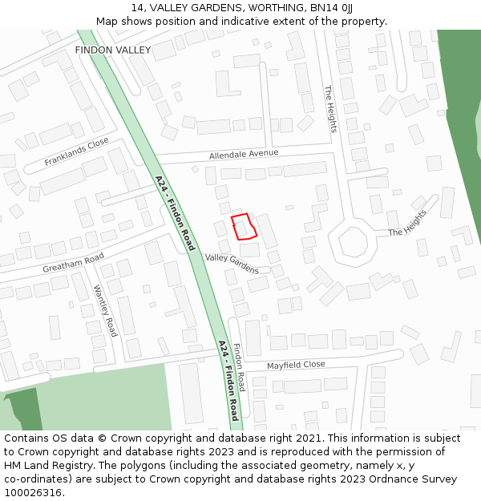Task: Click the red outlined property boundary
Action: (x=244, y=227)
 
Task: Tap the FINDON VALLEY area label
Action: (x=112, y=50)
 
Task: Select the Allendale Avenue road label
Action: (x=244, y=153)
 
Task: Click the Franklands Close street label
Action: (x=76, y=152)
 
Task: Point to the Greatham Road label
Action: (x=73, y=262)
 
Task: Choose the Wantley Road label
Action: (x=105, y=310)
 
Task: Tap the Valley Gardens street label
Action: (x=232, y=263)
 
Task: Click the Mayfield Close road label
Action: (x=296, y=365)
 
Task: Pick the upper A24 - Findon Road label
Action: (x=175, y=213)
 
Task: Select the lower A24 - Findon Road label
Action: (x=228, y=381)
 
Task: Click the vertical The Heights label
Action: (x=331, y=109)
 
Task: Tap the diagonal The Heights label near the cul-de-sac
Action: (x=408, y=223)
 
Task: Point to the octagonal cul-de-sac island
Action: (x=352, y=241)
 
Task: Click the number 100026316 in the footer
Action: (x=34, y=493)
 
